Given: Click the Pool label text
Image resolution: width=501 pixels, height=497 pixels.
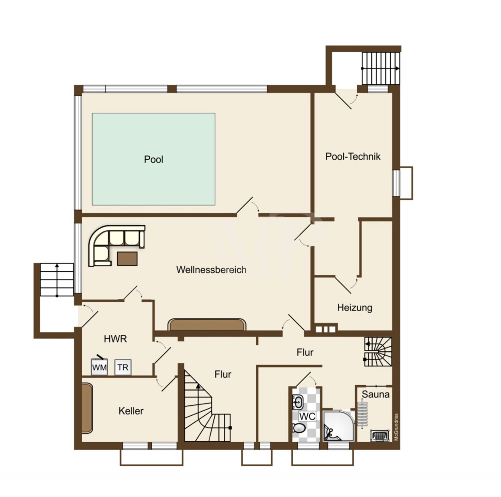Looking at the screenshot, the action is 154,159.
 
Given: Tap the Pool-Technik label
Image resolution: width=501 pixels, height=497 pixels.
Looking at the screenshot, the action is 353,157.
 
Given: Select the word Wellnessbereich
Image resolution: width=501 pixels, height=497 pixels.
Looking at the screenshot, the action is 211,270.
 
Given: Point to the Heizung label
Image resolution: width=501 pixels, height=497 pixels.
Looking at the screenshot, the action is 355,307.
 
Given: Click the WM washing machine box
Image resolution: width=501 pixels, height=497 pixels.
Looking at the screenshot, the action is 99,367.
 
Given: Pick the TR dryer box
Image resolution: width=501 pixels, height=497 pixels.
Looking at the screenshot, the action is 123,367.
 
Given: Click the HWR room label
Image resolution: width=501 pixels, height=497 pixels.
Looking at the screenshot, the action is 115,339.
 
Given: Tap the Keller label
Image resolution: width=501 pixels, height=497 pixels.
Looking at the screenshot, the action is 131,411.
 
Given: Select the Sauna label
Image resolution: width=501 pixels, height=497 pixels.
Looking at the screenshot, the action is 376,394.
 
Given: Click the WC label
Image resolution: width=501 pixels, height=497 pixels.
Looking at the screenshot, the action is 307,416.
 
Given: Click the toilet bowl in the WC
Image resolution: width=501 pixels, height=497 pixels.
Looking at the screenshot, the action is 299,428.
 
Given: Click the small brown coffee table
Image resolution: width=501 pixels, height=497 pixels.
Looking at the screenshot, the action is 127,259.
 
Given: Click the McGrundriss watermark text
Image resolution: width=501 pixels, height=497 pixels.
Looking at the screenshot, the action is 396,427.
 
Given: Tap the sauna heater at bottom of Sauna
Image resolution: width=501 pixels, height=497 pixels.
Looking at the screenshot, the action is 380,436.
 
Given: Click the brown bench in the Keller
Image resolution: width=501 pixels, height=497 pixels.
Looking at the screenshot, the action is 87,409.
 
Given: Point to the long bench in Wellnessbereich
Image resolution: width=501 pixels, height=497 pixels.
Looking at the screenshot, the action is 207,324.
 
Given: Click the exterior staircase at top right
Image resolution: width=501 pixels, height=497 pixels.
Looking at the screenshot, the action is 381,68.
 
